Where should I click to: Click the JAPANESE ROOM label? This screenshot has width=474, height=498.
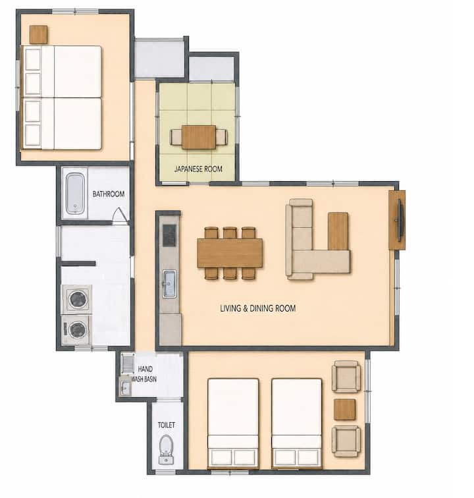198,169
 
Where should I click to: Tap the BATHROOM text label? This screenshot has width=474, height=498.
108,194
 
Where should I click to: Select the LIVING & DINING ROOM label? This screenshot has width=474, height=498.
258,308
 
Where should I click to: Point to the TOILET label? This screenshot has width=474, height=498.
167,425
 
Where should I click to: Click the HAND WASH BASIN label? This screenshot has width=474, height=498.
144,373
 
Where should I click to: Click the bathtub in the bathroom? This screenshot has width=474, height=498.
75,194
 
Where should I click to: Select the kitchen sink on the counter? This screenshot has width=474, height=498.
169,284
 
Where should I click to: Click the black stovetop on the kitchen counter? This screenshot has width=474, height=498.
169,235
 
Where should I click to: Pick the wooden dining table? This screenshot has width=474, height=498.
230,253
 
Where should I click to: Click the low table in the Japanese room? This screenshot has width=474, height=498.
199,137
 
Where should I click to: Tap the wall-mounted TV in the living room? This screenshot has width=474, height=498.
400,220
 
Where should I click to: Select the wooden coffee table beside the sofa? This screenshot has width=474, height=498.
338,231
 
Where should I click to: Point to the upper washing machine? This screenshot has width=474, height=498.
78,299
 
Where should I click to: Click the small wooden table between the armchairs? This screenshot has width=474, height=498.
344,409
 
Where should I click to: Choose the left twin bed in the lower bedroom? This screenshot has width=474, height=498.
233,424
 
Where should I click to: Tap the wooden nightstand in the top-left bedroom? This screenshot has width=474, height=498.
38,35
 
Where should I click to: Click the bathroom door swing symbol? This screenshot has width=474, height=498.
120,215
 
